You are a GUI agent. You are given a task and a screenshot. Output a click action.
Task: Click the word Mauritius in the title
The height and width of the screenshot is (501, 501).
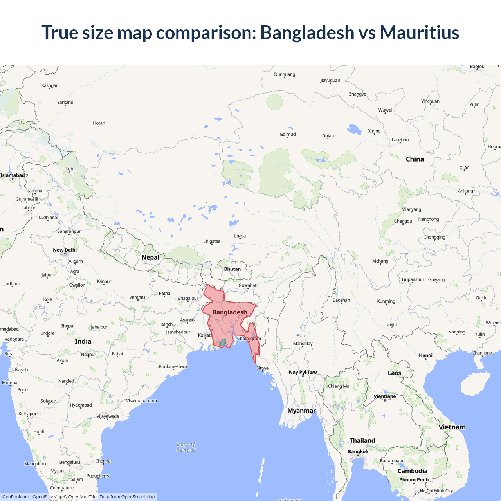(419, 32)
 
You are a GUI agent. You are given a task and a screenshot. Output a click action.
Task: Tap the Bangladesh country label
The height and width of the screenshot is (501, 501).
(229, 312)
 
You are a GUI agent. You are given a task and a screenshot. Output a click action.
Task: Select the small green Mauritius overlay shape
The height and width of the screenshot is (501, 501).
(223, 343)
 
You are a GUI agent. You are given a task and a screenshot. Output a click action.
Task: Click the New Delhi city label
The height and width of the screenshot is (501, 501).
(65, 250)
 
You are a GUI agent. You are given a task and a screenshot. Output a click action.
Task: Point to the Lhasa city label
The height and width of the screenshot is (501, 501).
(240, 236)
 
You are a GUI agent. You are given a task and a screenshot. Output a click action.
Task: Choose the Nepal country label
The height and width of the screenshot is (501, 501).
(150, 258)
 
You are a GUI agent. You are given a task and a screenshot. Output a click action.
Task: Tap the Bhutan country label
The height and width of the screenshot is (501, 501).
(232, 269)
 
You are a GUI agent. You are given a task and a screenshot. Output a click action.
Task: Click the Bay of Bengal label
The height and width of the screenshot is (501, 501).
(186, 447)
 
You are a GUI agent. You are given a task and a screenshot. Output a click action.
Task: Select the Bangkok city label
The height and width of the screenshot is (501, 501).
(358, 452)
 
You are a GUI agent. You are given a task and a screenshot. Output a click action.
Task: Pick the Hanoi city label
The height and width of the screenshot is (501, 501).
(425, 356)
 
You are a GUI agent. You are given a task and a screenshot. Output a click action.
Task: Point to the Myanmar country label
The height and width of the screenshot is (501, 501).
(301, 411)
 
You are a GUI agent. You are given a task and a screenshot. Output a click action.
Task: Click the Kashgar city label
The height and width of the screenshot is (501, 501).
(50, 85)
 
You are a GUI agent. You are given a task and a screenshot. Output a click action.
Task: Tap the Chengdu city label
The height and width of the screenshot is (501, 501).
(403, 221)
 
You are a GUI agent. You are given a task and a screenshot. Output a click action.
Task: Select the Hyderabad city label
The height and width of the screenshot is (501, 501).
(81, 405)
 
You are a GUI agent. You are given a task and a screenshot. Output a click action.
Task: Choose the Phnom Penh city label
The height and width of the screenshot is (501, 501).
(414, 480)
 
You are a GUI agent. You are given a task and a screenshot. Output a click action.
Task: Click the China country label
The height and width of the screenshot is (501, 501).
(415, 159)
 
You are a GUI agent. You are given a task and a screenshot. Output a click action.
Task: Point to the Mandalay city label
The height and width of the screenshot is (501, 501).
(303, 344)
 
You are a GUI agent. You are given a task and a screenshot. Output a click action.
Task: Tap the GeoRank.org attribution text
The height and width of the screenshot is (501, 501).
(16, 497)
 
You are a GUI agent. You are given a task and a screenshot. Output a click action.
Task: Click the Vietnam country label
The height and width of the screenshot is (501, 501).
(452, 427)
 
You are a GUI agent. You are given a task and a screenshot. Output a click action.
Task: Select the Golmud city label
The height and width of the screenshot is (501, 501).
(288, 135)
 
